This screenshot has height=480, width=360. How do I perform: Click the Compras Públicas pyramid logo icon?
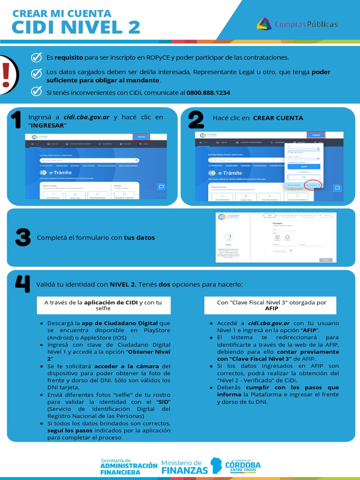pyautogui.click(x=264, y=24)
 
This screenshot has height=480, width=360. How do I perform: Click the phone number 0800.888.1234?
pyautogui.click(x=208, y=92)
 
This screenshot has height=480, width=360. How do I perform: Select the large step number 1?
pyautogui.click(x=16, y=120)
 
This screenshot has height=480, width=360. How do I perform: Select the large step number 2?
pyautogui.click(x=196, y=120)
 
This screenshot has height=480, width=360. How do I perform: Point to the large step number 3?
pyautogui.click(x=22, y=238)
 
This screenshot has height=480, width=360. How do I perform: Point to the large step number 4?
pyautogui.click(x=22, y=284)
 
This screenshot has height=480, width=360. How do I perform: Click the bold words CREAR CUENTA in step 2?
pyautogui.click(x=278, y=118)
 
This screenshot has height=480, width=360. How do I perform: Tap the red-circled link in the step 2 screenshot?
pyautogui.click(x=311, y=185)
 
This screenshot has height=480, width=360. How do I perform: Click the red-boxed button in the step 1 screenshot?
pyautogui.click(x=141, y=137)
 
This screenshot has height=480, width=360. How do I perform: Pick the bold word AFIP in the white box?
pyautogui.click(x=271, y=308)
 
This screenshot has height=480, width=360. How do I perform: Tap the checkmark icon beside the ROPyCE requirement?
pyautogui.click(x=36, y=57)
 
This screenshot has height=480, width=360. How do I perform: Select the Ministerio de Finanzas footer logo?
pyautogui.click(x=184, y=466)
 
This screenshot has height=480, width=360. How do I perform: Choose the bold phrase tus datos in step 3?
pyautogui.click(x=139, y=238)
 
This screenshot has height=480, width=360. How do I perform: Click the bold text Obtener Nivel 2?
pyautogui.click(x=149, y=352)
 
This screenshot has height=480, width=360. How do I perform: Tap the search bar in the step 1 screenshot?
pyautogui.click(x=89, y=160)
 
